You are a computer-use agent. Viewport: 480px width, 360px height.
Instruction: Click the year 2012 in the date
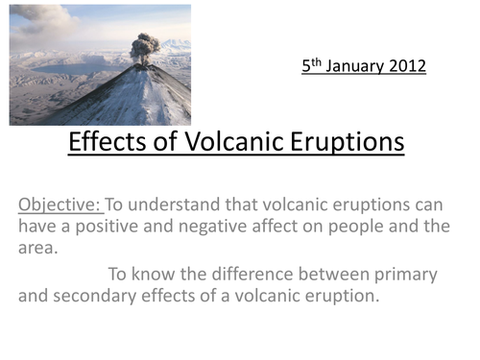coord(406,66)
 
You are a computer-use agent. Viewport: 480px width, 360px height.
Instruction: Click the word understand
coord(176,204)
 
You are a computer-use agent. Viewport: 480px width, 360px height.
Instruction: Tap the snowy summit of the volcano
coord(144,73)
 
